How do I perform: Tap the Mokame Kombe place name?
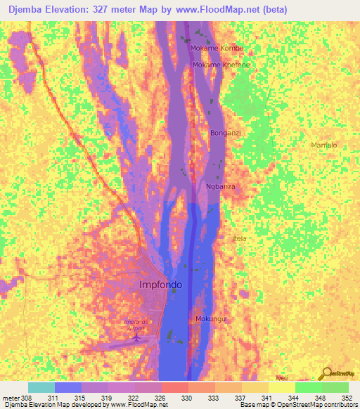coord(217,48)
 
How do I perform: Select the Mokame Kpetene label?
coord(221,65)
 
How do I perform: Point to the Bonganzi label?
coord(226,132)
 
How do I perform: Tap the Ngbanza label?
coord(220,186)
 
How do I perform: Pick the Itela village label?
coord(240,238)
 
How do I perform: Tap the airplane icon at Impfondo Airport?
coord(136,338)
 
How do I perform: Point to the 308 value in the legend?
coord(27,398)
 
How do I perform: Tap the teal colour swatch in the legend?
coord(41,387)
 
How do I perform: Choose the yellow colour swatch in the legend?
coord(281,387)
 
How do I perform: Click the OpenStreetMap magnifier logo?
coord(326,374)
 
